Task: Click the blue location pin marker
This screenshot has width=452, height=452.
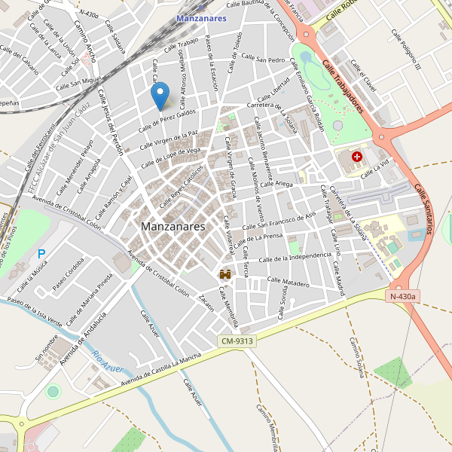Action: pos(160,96)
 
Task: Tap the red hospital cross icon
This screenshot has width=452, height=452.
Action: pos(356,157)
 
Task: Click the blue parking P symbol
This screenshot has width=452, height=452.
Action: pos(41,255)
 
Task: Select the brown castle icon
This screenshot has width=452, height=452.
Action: pos(224,275)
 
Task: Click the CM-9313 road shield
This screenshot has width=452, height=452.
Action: pos(237,341)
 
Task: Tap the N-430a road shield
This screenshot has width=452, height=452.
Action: pos(404,297)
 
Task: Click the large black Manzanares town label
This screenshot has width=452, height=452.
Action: pos(173,226)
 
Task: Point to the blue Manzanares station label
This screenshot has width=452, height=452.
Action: pos(201,18)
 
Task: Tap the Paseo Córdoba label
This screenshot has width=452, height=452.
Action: pos(69,279)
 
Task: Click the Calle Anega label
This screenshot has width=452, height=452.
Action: pos(279,183)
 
